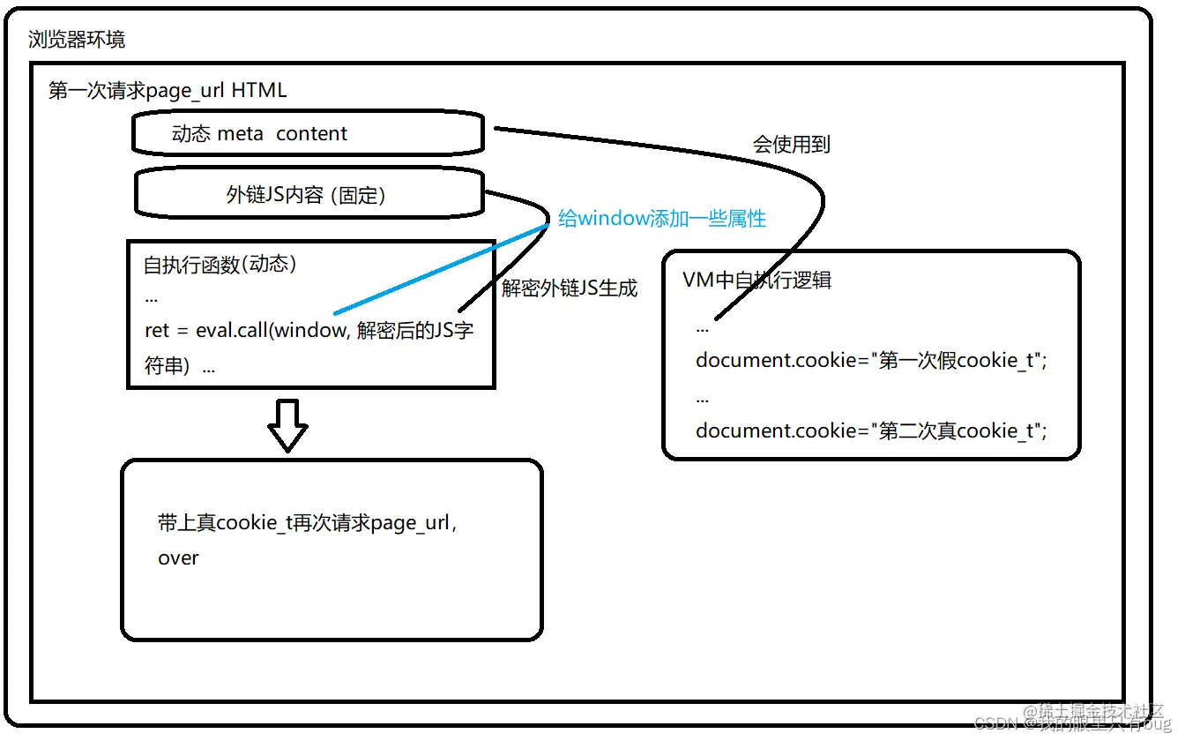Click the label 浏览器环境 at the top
coord(77,40)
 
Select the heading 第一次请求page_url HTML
coord(168,91)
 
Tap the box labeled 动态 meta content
coord(307,134)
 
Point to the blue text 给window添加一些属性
coord(662,219)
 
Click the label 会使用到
coord(791,145)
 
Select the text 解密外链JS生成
coord(570,288)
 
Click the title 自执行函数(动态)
coord(220,265)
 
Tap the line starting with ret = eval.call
coord(309,332)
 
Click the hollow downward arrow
coord(287,425)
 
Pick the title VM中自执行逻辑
coord(756,281)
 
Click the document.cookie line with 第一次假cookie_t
coord(871,361)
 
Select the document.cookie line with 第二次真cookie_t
coord(871,430)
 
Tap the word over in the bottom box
coord(178,558)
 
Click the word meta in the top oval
coord(240,134)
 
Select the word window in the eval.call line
coord(310,332)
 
